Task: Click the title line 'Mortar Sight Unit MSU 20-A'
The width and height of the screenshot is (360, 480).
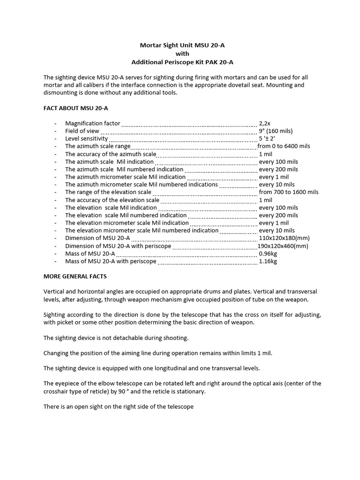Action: [x=180, y=45]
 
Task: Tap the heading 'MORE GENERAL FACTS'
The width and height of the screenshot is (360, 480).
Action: [x=75, y=277]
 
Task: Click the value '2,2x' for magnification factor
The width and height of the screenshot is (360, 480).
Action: [x=265, y=123]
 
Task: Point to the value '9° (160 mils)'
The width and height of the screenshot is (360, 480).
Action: [x=276, y=131]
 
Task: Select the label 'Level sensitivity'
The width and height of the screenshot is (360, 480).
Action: [x=86, y=139]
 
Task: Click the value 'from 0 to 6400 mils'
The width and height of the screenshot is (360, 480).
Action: [x=284, y=146]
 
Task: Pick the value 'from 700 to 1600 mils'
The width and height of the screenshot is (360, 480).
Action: [x=288, y=192]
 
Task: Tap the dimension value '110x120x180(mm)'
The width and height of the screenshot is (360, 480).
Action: [x=284, y=238]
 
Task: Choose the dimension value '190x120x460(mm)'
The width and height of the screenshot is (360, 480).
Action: [x=283, y=246]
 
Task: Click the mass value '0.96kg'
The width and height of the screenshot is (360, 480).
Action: [x=268, y=254]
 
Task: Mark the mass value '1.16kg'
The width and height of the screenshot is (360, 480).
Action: [x=268, y=262]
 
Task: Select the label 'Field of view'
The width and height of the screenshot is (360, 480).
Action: [x=82, y=131]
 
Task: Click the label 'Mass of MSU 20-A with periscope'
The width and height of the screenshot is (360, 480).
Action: [x=111, y=262]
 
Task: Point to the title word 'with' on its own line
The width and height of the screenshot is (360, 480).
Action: [x=180, y=54]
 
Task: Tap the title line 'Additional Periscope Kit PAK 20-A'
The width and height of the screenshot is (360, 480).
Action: [x=180, y=62]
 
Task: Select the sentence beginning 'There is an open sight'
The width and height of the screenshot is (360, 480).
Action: [x=118, y=406]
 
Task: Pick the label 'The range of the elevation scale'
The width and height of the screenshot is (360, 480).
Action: [x=108, y=192]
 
